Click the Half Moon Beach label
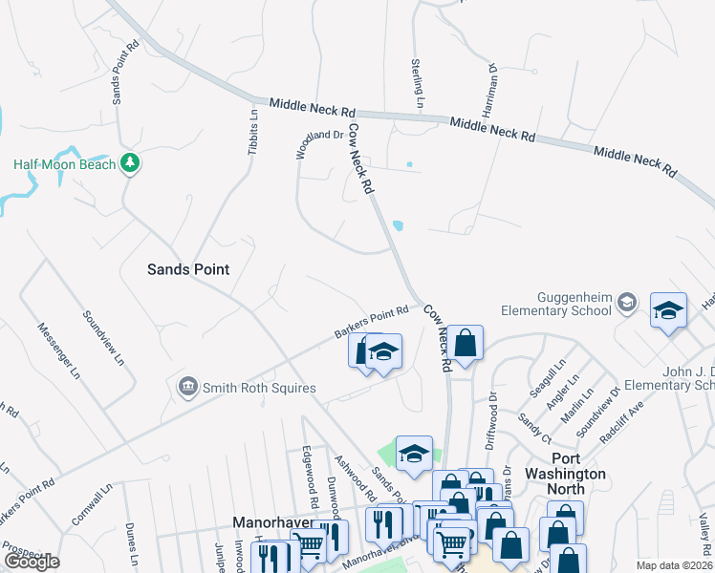point(64,164)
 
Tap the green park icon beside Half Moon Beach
point(132,164)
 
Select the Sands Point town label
point(188,269)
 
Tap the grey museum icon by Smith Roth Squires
point(187,387)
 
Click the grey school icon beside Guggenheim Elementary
point(626,303)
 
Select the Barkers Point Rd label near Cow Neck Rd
point(372,322)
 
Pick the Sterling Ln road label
point(419,82)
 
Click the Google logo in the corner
point(31,561)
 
